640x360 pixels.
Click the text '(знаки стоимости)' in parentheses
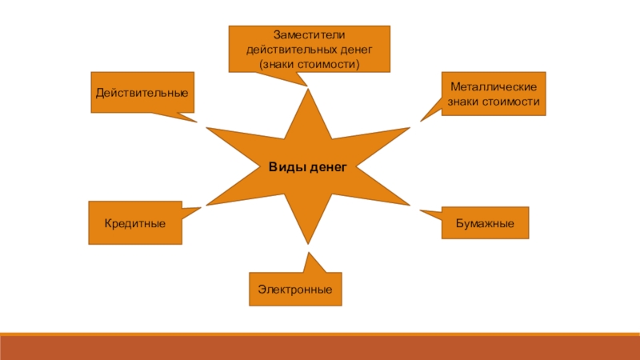point(309,62)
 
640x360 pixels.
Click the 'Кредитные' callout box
point(134,222)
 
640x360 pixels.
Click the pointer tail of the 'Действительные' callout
point(180,117)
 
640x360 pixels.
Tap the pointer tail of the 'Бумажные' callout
point(430,213)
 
